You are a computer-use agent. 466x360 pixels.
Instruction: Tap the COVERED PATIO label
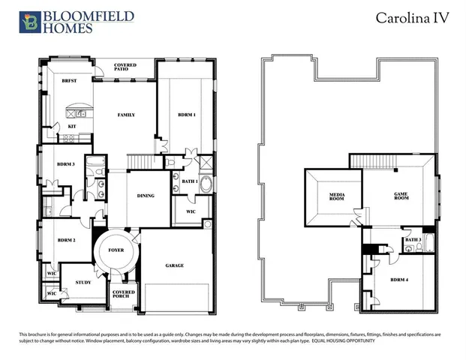(125, 68)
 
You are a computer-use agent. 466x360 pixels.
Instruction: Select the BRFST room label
(70, 79)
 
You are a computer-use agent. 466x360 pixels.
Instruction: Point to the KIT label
(72, 126)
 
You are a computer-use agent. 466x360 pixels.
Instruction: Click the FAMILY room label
(126, 115)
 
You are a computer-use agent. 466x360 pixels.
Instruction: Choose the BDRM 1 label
(187, 115)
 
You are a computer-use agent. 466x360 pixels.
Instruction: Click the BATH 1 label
(189, 181)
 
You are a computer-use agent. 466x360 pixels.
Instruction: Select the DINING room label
(146, 196)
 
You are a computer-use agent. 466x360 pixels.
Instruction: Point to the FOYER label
(116, 250)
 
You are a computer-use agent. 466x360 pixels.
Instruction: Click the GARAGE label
(175, 265)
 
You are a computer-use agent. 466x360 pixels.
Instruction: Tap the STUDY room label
(83, 282)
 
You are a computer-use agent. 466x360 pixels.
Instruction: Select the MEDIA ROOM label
(336, 197)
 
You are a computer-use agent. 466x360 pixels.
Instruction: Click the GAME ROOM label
(401, 196)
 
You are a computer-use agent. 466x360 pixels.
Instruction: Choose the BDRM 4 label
(400, 280)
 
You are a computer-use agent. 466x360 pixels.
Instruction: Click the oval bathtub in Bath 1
(206, 184)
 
